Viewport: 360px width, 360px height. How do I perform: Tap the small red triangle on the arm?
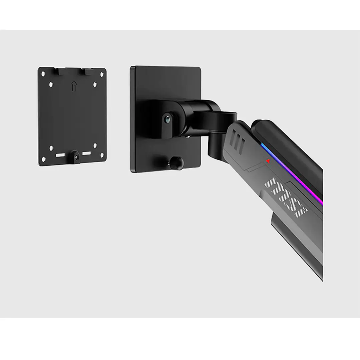pos(268,161)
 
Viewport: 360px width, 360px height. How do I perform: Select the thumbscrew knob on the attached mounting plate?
pos(176,163)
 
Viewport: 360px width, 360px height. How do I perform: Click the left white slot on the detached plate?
pos(60,155)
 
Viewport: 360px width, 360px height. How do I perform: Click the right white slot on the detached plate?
pos(87,153)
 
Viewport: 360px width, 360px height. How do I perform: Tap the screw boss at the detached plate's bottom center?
pos(76,157)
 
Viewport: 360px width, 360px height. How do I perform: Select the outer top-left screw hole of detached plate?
pos(43,73)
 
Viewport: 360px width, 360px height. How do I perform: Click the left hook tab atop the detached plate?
pos(61,71)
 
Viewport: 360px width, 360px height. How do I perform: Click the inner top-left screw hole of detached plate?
pos(51,85)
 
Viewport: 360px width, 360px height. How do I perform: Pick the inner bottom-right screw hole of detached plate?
pos(95,145)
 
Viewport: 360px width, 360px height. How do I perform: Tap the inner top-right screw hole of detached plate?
pos(95,85)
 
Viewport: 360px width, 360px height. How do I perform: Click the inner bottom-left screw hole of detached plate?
pos(51,147)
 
